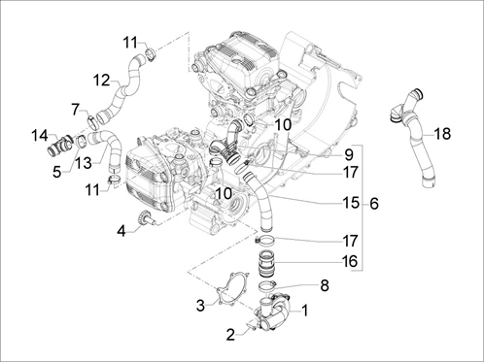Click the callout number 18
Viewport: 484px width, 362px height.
(442, 133)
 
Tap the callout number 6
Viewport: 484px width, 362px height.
(374, 204)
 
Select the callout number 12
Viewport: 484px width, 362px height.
(101, 81)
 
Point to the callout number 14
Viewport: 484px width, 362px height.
(40, 136)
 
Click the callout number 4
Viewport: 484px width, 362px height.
(121, 231)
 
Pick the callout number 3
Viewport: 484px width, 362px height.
(201, 306)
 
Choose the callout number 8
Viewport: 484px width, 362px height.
(325, 285)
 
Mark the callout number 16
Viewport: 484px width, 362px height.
(350, 261)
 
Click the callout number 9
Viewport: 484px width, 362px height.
(349, 155)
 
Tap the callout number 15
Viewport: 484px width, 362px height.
(351, 203)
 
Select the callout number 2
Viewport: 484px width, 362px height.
(230, 335)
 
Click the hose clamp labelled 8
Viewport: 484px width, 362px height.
(267, 286)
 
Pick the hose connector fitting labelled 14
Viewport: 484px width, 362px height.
(61, 146)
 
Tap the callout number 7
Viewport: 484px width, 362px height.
(76, 110)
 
